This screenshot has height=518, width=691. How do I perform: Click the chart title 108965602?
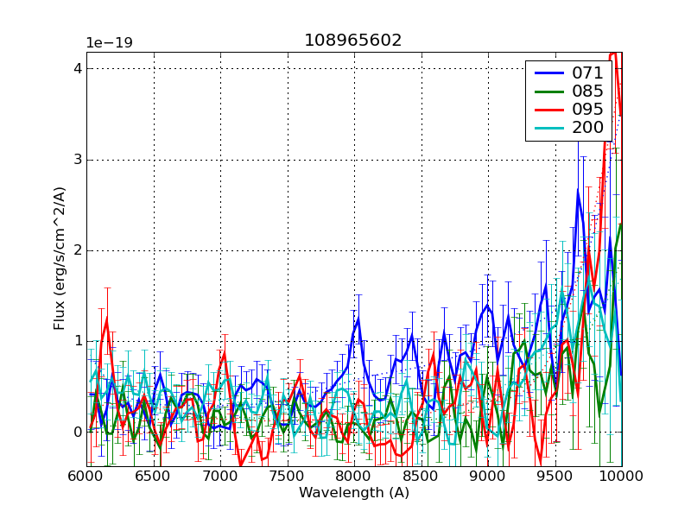click(352, 41)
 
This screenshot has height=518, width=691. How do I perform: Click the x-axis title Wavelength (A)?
click(354, 493)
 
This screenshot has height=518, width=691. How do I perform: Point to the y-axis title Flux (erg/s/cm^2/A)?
click(60, 259)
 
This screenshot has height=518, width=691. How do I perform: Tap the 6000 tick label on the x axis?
click(87, 476)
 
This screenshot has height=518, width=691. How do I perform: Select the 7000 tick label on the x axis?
click(221, 476)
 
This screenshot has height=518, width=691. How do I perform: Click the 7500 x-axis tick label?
click(288, 476)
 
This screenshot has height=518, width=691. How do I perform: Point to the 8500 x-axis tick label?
click(422, 476)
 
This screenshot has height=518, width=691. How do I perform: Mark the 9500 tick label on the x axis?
click(555, 476)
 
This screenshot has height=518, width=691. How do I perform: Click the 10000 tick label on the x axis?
click(619, 476)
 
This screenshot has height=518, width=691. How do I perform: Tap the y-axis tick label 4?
click(77, 68)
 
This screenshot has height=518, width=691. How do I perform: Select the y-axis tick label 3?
click(77, 160)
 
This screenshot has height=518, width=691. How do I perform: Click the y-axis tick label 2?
click(77, 250)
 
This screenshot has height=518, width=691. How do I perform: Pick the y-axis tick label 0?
click(77, 432)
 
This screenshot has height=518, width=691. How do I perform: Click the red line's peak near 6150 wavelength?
click(107, 319)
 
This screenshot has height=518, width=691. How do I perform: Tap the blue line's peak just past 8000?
click(358, 318)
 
